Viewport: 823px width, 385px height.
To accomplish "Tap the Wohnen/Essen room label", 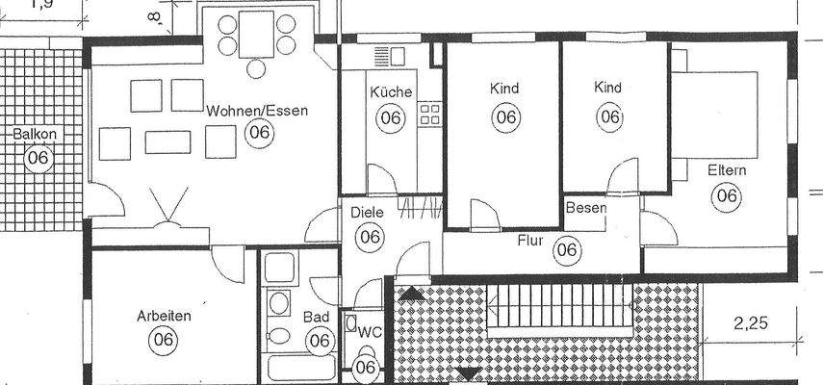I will click(x=257, y=111).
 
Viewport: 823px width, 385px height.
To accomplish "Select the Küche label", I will click(x=391, y=93).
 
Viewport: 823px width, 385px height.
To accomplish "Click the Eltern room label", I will click(x=727, y=170).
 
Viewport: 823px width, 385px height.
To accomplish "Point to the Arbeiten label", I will click(x=164, y=315).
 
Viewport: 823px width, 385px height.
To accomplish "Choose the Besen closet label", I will click(x=585, y=208).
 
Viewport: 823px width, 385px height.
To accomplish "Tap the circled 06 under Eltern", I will click(x=727, y=196).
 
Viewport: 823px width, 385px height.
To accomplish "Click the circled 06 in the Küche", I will click(x=391, y=118).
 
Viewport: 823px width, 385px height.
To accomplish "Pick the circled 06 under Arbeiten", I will click(x=164, y=339).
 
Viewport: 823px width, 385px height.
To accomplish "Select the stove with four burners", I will click(x=429, y=115).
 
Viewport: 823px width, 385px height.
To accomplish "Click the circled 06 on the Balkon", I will click(x=38, y=158).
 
